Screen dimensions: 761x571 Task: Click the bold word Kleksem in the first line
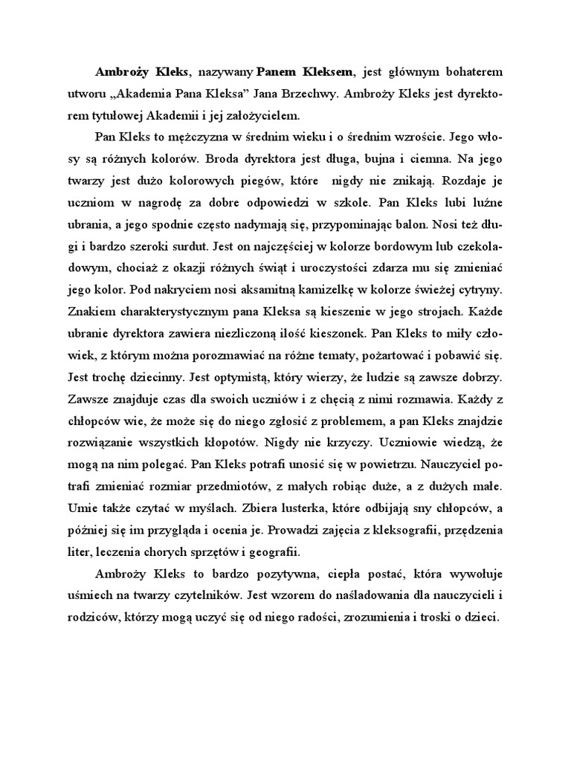[x=330, y=72]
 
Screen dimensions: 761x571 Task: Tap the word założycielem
[x=262, y=115]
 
